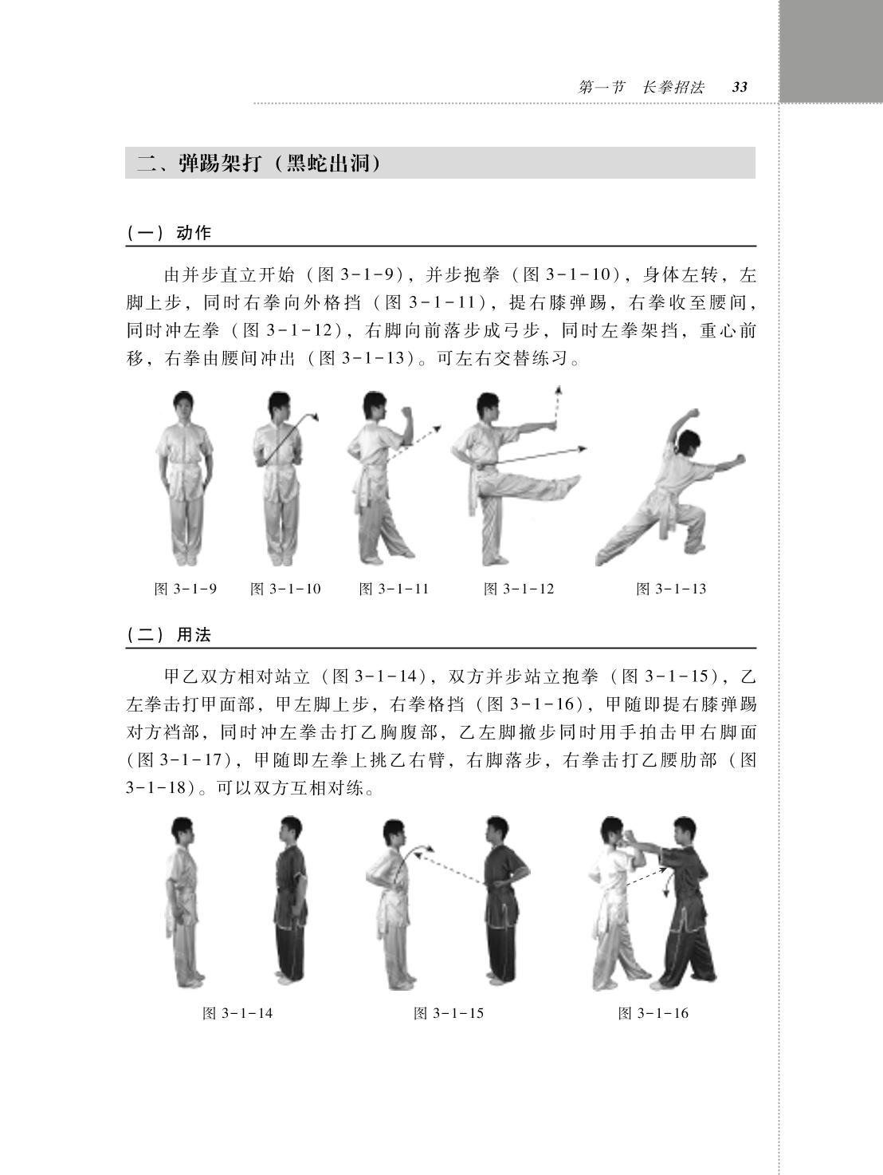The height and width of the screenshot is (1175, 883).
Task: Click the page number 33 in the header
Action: (740, 87)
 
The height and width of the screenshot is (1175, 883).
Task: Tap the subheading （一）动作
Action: (169, 233)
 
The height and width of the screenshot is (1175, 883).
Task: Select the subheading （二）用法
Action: (169, 634)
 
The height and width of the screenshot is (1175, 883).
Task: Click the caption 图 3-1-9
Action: (185, 589)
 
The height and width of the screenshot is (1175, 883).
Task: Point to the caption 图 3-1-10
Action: (285, 589)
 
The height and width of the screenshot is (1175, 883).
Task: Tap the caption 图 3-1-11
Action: (394, 589)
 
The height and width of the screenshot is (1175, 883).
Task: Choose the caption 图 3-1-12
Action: (519, 589)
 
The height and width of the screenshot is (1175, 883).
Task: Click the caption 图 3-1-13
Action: (671, 589)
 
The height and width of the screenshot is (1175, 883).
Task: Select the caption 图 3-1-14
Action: (237, 1013)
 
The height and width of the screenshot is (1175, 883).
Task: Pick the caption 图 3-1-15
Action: (449, 1013)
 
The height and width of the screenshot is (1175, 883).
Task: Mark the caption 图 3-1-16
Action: (653, 1013)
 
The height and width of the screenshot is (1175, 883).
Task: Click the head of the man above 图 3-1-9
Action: (183, 408)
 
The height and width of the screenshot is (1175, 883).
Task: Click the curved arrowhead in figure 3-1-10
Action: (316, 416)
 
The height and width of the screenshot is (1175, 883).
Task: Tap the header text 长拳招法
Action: (673, 87)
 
